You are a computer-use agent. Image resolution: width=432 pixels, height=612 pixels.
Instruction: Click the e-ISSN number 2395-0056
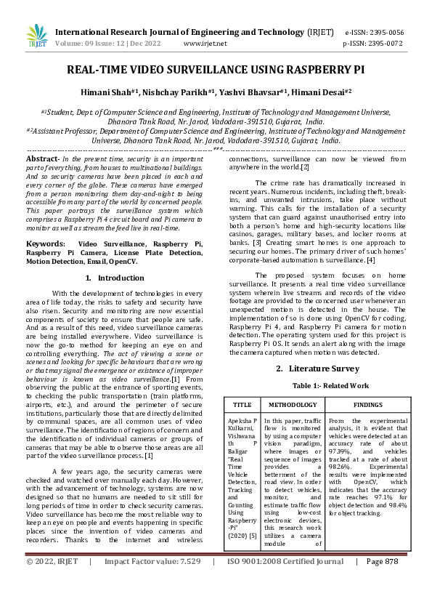point(384,33)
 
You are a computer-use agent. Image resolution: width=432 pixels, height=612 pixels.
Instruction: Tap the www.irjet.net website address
point(205,43)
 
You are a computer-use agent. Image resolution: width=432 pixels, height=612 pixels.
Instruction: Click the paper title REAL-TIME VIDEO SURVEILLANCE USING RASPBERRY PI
point(216,71)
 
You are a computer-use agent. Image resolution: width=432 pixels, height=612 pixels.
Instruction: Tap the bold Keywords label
point(45,243)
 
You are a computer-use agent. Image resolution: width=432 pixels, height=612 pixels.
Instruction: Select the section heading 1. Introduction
point(115,278)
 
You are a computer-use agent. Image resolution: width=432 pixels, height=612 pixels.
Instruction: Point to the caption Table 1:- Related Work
point(320,385)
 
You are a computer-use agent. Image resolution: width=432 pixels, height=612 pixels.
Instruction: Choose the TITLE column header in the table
point(242,403)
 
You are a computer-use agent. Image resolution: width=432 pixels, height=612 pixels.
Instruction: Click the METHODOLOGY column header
point(293,403)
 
